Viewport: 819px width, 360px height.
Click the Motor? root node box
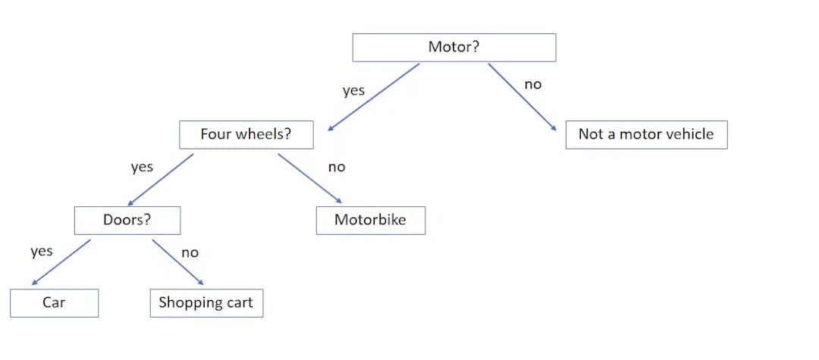click(x=454, y=47)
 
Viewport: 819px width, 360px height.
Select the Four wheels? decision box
click(x=246, y=135)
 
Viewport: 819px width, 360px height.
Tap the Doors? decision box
click(x=127, y=221)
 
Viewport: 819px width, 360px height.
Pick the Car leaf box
click(x=54, y=303)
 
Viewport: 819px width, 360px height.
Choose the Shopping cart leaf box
click(x=206, y=303)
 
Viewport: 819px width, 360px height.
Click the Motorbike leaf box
click(x=370, y=221)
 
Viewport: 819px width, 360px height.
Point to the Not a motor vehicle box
click(x=646, y=135)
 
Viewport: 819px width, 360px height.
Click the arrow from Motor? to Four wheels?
click(x=372, y=98)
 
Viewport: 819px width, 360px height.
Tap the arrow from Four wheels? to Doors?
click(x=161, y=180)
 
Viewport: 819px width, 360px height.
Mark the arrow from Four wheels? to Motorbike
click(x=310, y=180)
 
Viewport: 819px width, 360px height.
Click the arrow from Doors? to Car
click(x=61, y=263)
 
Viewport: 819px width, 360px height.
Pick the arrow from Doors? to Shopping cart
click(x=177, y=263)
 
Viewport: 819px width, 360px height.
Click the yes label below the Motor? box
click(x=353, y=91)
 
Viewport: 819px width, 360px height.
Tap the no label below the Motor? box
click(x=533, y=84)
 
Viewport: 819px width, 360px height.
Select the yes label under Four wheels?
click(x=142, y=167)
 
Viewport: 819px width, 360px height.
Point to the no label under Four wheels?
click(x=337, y=167)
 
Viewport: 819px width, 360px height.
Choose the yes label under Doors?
click(x=42, y=251)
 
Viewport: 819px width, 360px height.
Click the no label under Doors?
click(x=190, y=252)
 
